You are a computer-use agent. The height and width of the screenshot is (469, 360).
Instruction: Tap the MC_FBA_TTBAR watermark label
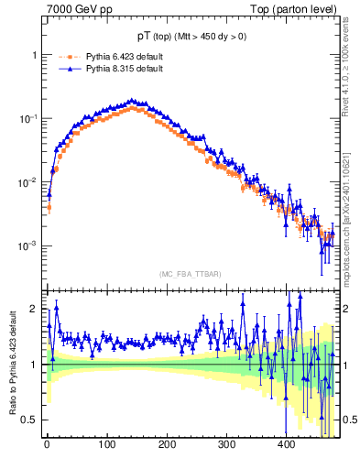point(190,275)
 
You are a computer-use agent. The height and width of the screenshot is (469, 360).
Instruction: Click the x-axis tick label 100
point(106,444)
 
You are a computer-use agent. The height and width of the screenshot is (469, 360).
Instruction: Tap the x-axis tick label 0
point(47,444)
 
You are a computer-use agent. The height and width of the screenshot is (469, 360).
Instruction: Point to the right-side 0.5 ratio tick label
point(349,420)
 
